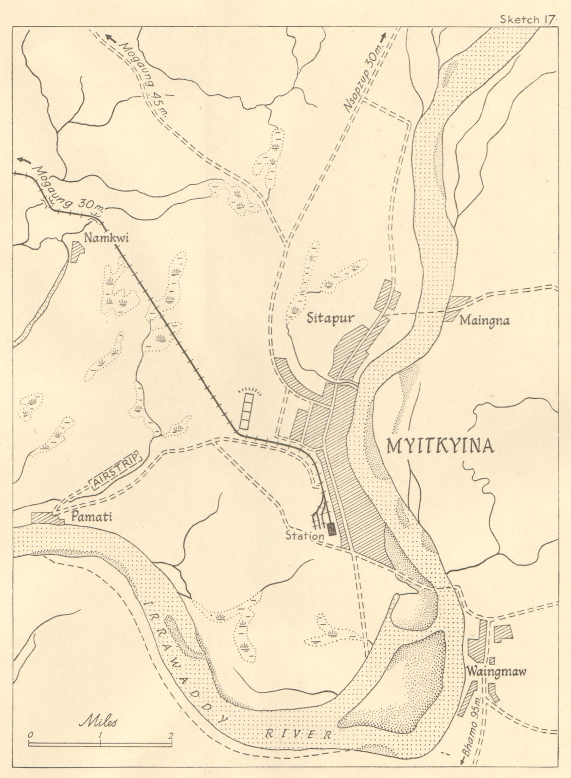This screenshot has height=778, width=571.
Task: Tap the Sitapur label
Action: point(330,318)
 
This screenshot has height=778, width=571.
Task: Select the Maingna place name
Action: point(484,321)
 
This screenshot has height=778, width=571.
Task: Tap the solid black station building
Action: point(332,529)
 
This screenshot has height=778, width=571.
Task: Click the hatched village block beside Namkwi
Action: point(77,251)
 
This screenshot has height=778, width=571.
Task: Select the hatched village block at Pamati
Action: point(47,518)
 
